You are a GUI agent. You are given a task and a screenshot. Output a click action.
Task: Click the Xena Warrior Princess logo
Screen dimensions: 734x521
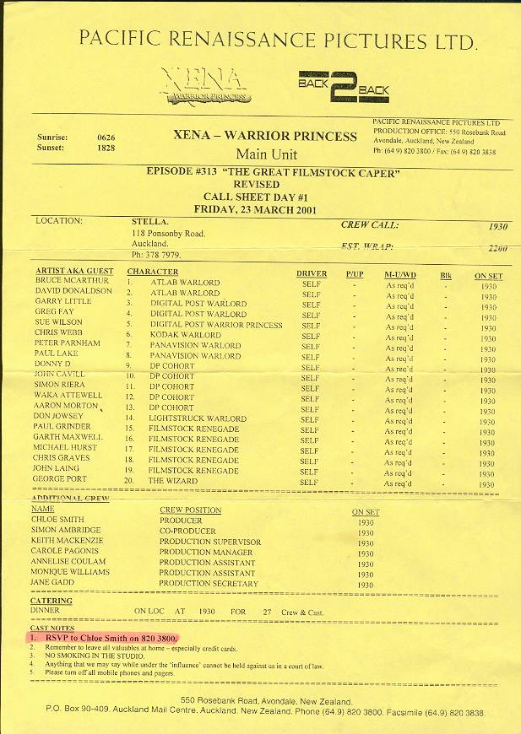(208, 84)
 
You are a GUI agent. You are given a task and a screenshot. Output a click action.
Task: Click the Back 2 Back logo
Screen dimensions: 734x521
(343, 83)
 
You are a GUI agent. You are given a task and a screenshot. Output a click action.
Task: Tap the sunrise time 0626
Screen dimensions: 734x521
(106, 137)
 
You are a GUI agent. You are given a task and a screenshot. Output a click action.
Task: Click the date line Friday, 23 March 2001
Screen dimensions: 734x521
(248, 208)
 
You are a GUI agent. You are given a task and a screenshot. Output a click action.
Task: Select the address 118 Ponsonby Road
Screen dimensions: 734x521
(168, 233)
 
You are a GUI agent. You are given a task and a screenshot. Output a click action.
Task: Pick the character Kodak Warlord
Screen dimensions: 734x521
(185, 335)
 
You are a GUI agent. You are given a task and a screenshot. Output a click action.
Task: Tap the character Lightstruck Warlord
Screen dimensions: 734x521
(197, 418)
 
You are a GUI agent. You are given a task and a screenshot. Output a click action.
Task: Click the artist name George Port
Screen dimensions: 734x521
(59, 479)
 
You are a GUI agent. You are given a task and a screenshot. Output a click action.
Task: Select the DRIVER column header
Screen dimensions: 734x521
(312, 274)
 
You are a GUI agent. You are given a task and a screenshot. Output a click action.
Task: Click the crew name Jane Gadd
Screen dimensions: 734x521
(53, 582)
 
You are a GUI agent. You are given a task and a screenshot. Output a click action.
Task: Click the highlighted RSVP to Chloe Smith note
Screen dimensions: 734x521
(110, 638)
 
